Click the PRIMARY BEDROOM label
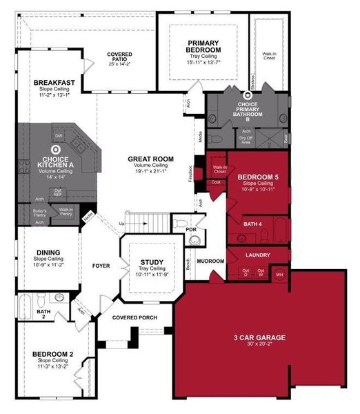pyautogui.click(x=203, y=46)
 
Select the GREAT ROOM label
pyautogui.click(x=150, y=159)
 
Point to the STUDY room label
pyautogui.click(x=151, y=262)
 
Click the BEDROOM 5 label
pyautogui.click(x=257, y=177)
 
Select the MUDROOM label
pyautogui.click(x=210, y=262)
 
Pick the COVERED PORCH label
pyautogui.click(x=135, y=317)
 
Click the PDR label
pyautogui.click(x=191, y=229)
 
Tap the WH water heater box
pyautogui.click(x=279, y=275)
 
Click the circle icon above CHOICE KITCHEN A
pyautogui.click(x=55, y=148)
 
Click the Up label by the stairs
pyautogui.click(x=123, y=224)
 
